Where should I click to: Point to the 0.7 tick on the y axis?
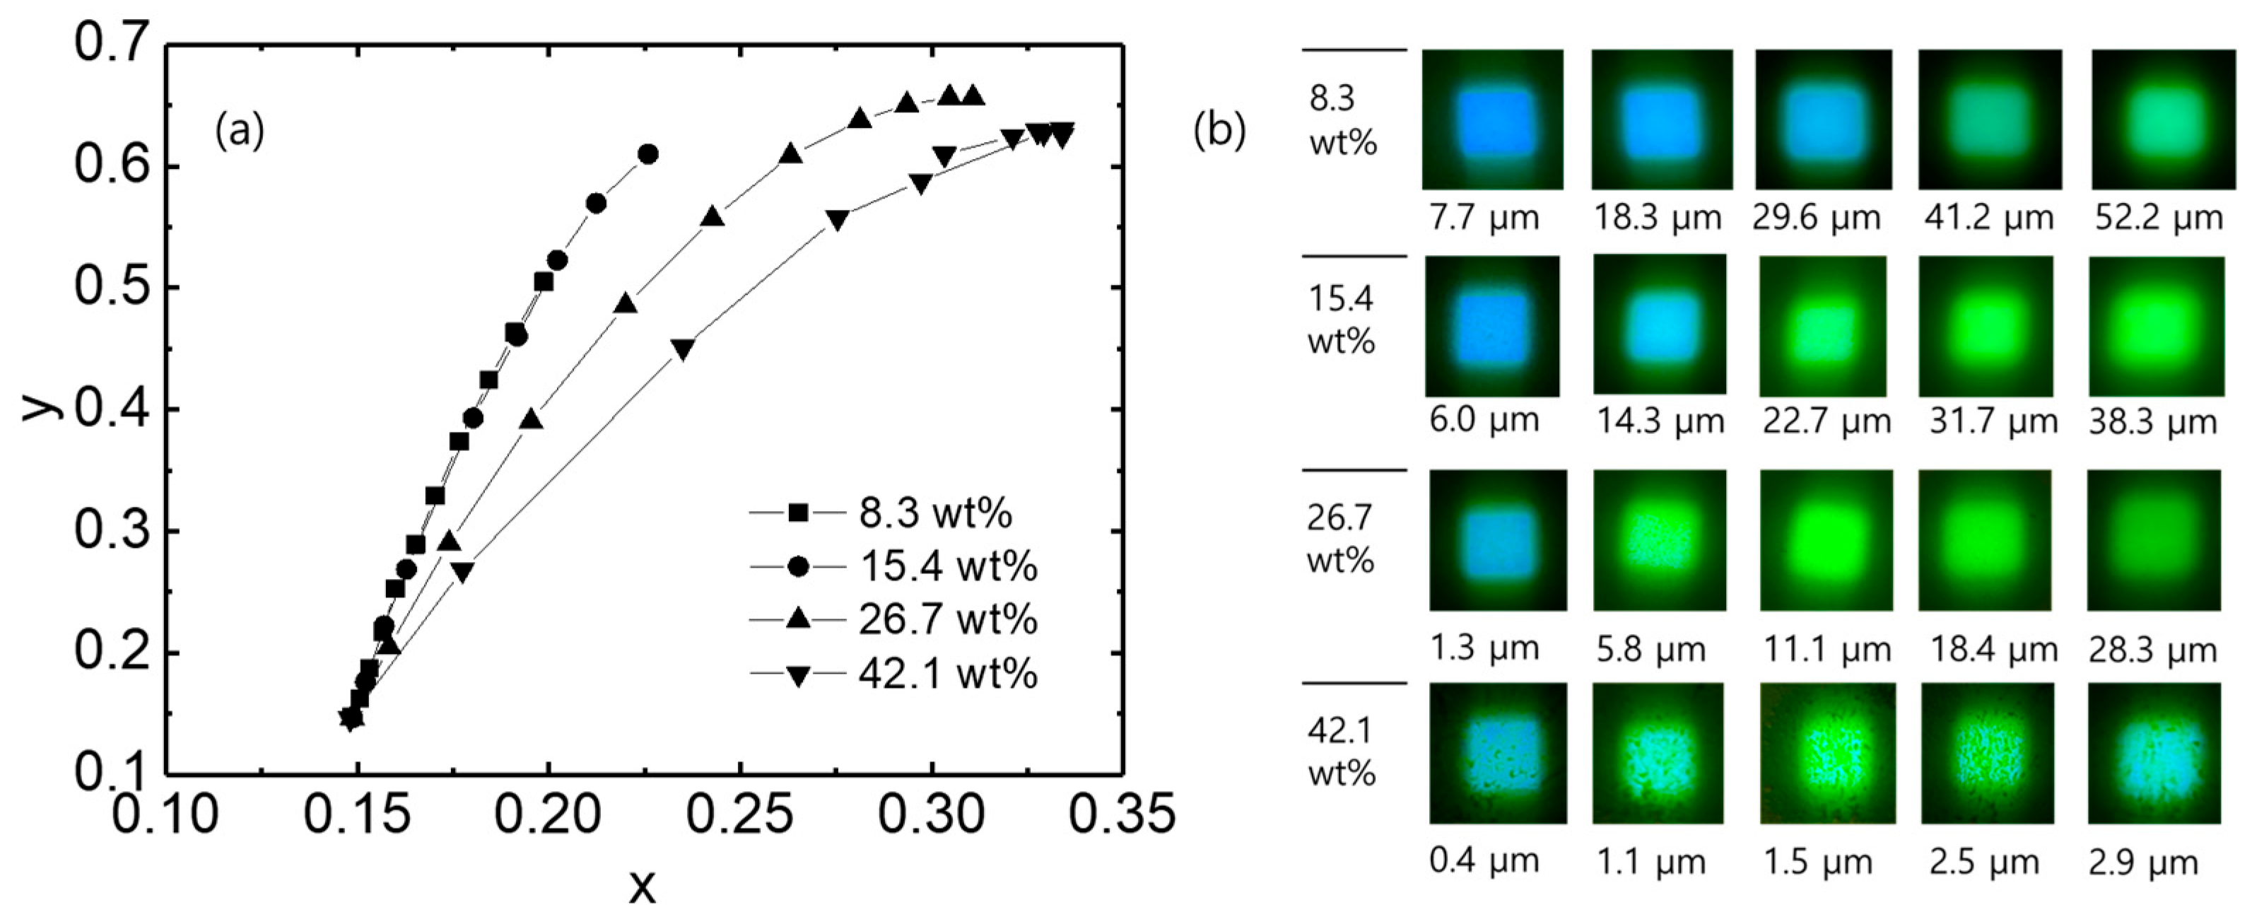tap(110, 43)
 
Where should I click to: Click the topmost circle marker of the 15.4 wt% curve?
tap(647, 155)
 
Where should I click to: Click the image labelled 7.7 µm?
tap(1492, 119)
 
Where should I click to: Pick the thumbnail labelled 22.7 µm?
tap(1824, 326)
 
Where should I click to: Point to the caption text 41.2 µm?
tap(1988, 218)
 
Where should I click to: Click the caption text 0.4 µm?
tap(1484, 861)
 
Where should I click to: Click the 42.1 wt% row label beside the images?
tap(1341, 751)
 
